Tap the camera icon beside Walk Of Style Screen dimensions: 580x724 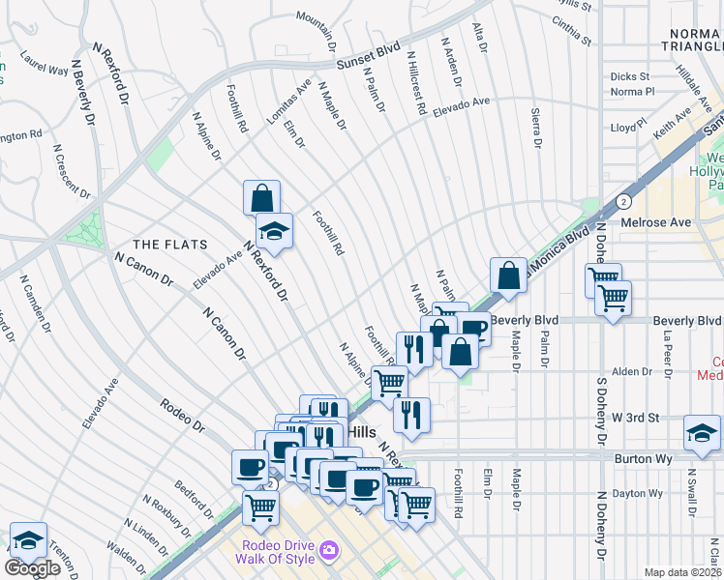click(x=330, y=550)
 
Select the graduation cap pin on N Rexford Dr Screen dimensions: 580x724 click(x=275, y=230)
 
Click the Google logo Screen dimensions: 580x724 click(x=32, y=568)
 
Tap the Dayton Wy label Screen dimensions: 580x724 click(x=643, y=493)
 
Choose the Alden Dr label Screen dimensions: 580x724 click(x=632, y=371)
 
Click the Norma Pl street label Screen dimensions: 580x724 click(x=633, y=93)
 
